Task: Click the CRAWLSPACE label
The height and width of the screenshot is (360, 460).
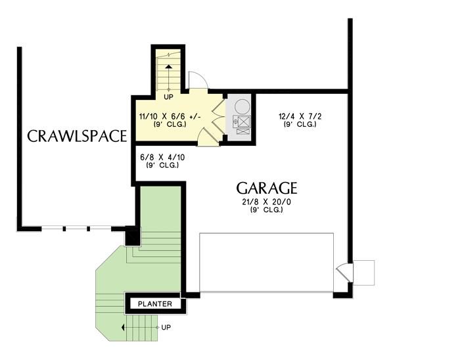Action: pyautogui.click(x=76, y=136)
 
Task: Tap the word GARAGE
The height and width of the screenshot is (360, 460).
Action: pyautogui.click(x=267, y=188)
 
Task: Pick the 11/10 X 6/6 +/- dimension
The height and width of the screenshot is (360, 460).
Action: pyautogui.click(x=170, y=116)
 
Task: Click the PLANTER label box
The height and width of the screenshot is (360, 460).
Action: pyautogui.click(x=155, y=304)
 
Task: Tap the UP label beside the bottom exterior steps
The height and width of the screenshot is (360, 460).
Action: pyautogui.click(x=166, y=326)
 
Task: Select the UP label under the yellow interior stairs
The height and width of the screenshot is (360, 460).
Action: pyautogui.click(x=168, y=97)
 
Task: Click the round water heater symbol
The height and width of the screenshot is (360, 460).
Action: pyautogui.click(x=241, y=105)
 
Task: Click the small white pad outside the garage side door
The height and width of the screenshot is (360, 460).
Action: pyautogui.click(x=363, y=272)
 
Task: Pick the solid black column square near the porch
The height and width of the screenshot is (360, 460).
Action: pyautogui.click(x=131, y=234)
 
